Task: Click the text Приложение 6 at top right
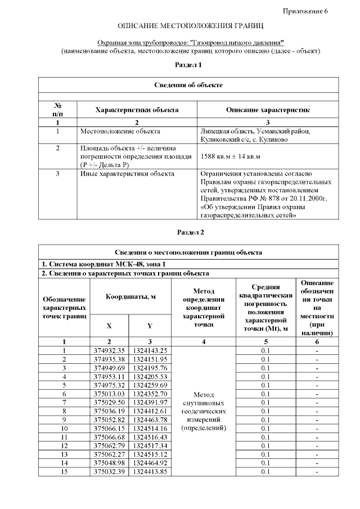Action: coord(304,11)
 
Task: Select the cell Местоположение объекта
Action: coord(120,132)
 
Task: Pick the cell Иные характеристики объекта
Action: coord(127,174)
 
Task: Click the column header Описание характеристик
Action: coord(267,110)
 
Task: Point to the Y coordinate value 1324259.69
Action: coord(150,385)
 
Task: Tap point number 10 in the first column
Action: coord(64,428)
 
